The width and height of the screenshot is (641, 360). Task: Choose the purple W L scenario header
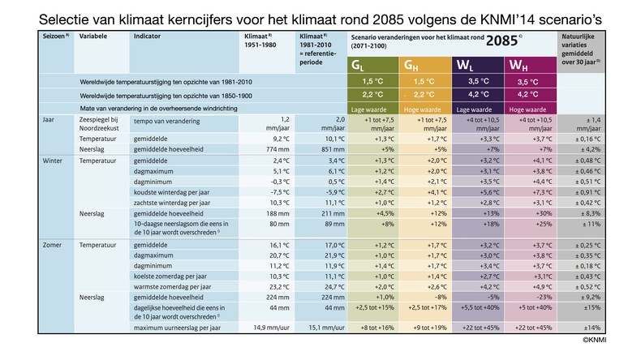[476, 65]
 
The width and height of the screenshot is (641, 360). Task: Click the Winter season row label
[54, 161]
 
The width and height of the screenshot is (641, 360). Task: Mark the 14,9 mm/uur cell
[269, 328]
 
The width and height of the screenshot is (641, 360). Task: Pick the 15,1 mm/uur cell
[323, 328]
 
